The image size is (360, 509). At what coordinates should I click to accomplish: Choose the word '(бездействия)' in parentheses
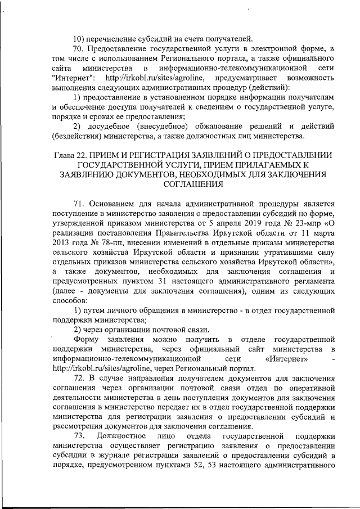[x=78, y=136]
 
